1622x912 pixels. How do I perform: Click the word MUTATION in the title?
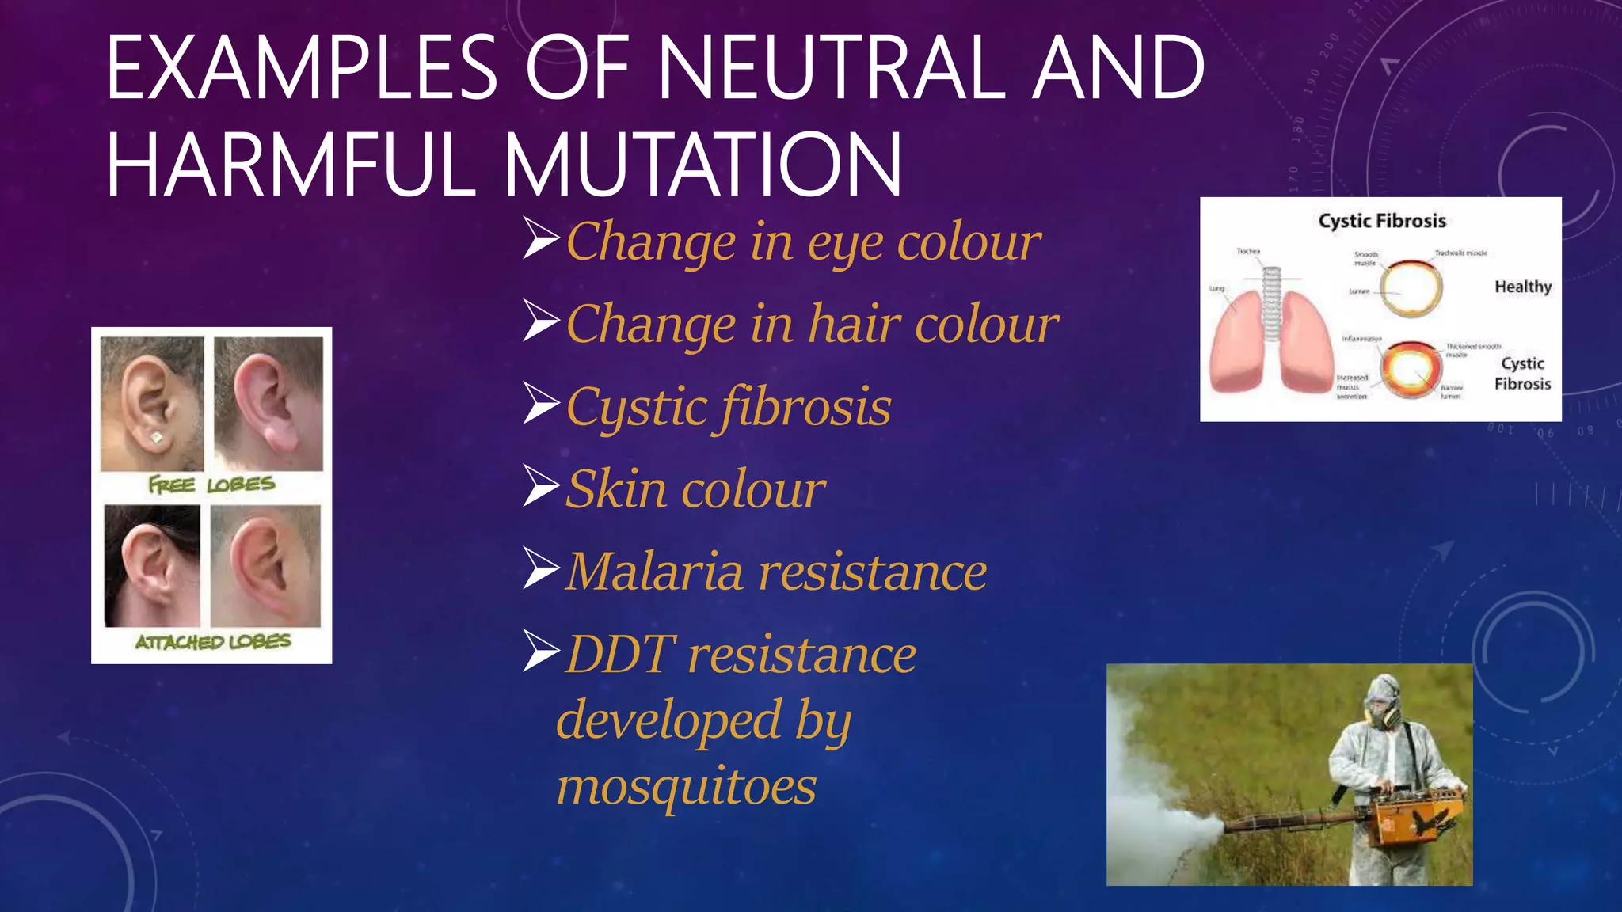click(x=703, y=165)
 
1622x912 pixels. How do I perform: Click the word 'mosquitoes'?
click(x=686, y=787)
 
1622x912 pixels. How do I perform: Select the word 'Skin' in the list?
click(x=615, y=489)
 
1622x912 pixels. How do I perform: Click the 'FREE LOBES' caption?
click(x=211, y=484)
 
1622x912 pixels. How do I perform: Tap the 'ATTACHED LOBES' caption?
click(x=212, y=641)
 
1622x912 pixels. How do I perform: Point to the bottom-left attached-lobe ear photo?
click(x=152, y=566)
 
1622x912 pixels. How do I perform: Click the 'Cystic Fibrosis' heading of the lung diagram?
click(x=1382, y=221)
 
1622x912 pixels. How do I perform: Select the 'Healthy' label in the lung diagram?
click(x=1522, y=287)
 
